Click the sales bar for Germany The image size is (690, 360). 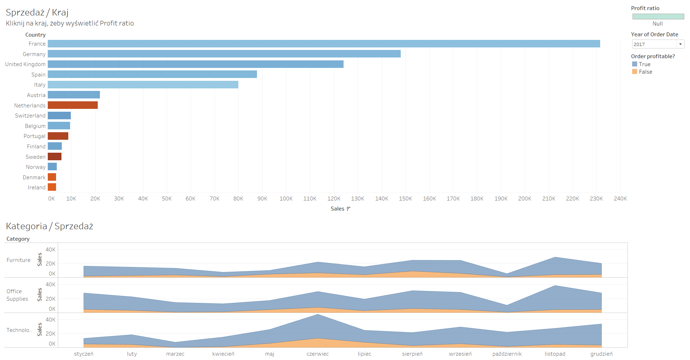point(224,54)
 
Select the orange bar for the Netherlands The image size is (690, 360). point(73,105)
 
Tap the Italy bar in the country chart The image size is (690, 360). point(143,85)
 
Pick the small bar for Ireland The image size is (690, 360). point(52,187)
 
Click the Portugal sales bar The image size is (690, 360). point(58,136)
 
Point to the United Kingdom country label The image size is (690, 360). point(25,64)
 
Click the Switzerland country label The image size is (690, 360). point(30,116)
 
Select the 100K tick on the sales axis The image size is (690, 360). point(286,199)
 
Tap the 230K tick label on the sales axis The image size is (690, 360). point(596,199)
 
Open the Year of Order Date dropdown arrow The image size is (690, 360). point(680,44)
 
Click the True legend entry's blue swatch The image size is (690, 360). point(635,64)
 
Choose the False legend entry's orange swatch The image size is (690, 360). point(635,72)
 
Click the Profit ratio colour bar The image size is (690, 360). point(658,17)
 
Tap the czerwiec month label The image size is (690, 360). point(318,354)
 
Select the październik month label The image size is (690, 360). point(507,354)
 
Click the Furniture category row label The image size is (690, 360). point(18,260)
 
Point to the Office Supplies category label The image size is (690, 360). point(17,295)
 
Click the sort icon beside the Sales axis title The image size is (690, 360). point(348,209)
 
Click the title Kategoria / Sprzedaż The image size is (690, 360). point(50,226)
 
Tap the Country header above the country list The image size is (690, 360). point(35,35)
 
